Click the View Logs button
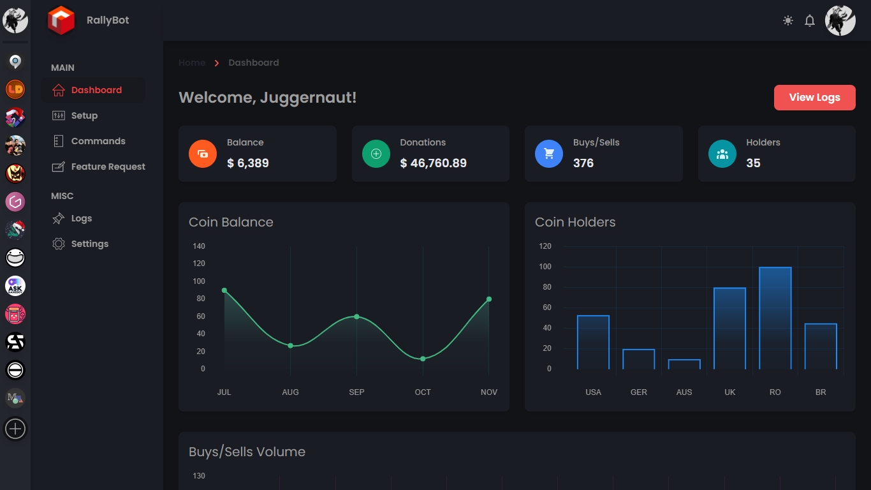814,98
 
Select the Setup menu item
84,115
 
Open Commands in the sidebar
98,141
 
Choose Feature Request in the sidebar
108,167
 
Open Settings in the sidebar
89,244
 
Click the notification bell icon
810,20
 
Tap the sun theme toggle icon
788,20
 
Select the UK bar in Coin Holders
729,328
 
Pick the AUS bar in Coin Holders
684,364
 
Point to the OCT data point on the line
423,359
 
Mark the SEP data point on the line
356,316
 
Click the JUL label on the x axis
224,392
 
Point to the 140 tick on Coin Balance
199,246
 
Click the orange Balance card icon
203,154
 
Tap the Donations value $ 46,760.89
434,163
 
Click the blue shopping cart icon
549,154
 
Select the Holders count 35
753,163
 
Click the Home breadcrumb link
192,63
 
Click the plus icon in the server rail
15,429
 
